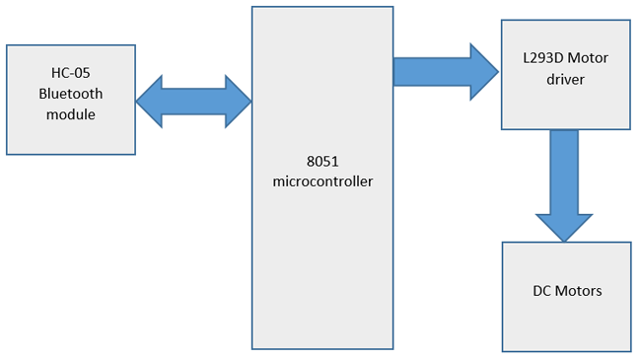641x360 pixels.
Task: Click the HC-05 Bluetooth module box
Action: [70, 99]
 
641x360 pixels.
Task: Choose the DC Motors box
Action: [566, 295]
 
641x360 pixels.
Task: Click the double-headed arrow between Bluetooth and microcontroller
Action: [193, 100]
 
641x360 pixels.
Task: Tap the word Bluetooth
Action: [70, 95]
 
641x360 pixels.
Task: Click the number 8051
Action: [322, 161]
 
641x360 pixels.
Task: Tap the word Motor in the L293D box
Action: [589, 58]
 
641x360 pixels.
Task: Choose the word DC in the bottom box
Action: [541, 291]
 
